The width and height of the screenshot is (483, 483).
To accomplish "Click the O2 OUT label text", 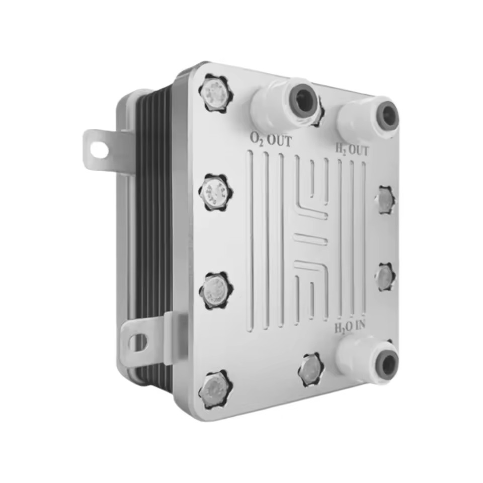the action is [x=271, y=140].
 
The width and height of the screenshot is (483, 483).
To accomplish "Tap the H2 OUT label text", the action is [x=352, y=150].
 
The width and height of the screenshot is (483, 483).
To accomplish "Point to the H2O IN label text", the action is [x=350, y=327].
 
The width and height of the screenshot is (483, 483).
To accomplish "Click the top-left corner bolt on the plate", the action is [x=216, y=93].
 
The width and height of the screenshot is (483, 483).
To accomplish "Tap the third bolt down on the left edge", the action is [x=216, y=290].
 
